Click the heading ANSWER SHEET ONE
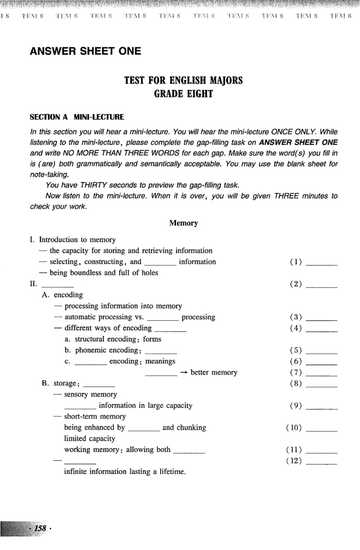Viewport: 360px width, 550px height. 85,51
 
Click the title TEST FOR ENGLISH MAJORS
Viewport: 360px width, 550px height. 183,80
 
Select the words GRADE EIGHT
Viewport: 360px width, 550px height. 183,94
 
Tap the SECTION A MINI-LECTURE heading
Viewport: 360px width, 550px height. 77,117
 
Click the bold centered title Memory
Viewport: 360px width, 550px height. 183,223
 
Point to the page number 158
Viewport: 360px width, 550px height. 40,528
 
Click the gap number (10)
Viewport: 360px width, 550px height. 294,428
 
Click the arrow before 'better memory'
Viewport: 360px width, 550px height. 184,373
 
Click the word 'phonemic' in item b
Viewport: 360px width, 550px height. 90,350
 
